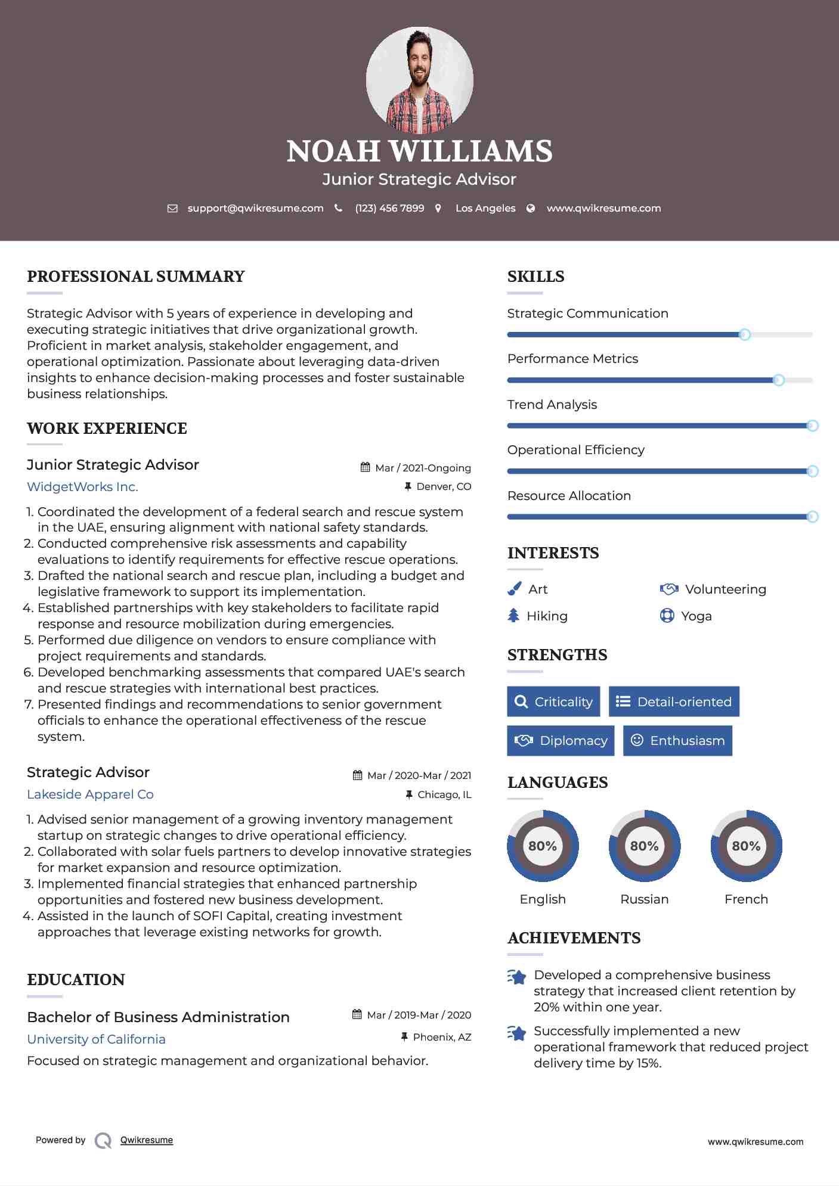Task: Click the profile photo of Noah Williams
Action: point(419,80)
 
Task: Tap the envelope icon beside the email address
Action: point(172,209)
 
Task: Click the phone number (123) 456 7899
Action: point(389,209)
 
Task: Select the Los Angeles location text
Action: point(485,209)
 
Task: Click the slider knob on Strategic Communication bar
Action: point(744,335)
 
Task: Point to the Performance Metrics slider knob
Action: point(778,380)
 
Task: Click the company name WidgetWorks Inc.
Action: point(82,487)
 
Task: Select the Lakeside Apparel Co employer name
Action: point(90,794)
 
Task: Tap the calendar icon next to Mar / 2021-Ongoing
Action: point(366,468)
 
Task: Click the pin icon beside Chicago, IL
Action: point(408,794)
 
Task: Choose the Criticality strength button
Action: point(553,701)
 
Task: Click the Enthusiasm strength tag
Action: point(677,741)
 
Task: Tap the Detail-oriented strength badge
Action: point(674,701)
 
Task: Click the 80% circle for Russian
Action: point(644,846)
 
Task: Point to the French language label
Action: point(746,899)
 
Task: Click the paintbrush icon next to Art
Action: point(514,589)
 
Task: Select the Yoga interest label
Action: point(696,616)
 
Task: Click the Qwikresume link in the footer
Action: point(147,1140)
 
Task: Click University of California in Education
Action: point(96,1039)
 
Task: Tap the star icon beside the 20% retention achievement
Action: point(517,977)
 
